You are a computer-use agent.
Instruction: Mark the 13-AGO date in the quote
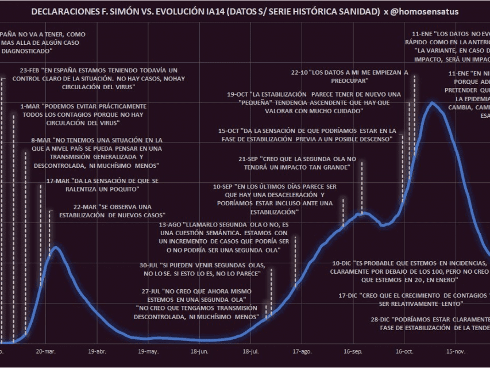[170, 224]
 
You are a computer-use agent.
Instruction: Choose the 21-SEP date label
[248, 159]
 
